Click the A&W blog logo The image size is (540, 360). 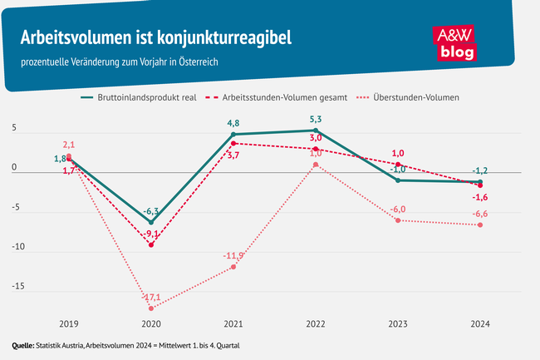(x=456, y=42)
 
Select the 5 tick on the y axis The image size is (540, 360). (x=14, y=131)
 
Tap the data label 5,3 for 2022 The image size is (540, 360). (x=316, y=118)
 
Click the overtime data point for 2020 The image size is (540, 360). (x=150, y=308)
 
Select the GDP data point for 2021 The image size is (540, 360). (x=233, y=135)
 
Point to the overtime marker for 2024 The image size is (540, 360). (x=480, y=225)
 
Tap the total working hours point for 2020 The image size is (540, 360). (x=150, y=245)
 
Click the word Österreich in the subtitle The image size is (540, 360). (x=192, y=62)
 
